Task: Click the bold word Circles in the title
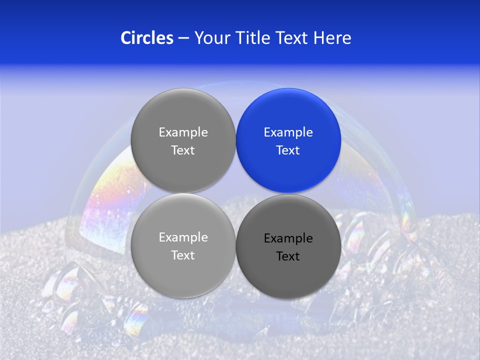[146, 37]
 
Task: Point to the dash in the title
[183, 38]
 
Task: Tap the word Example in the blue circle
[288, 132]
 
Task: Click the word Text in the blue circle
[288, 150]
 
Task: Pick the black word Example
[288, 238]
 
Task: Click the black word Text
[288, 256]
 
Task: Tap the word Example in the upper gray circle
[183, 132]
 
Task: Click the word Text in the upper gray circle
[183, 150]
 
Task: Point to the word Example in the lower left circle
[183, 237]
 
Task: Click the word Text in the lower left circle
[183, 255]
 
